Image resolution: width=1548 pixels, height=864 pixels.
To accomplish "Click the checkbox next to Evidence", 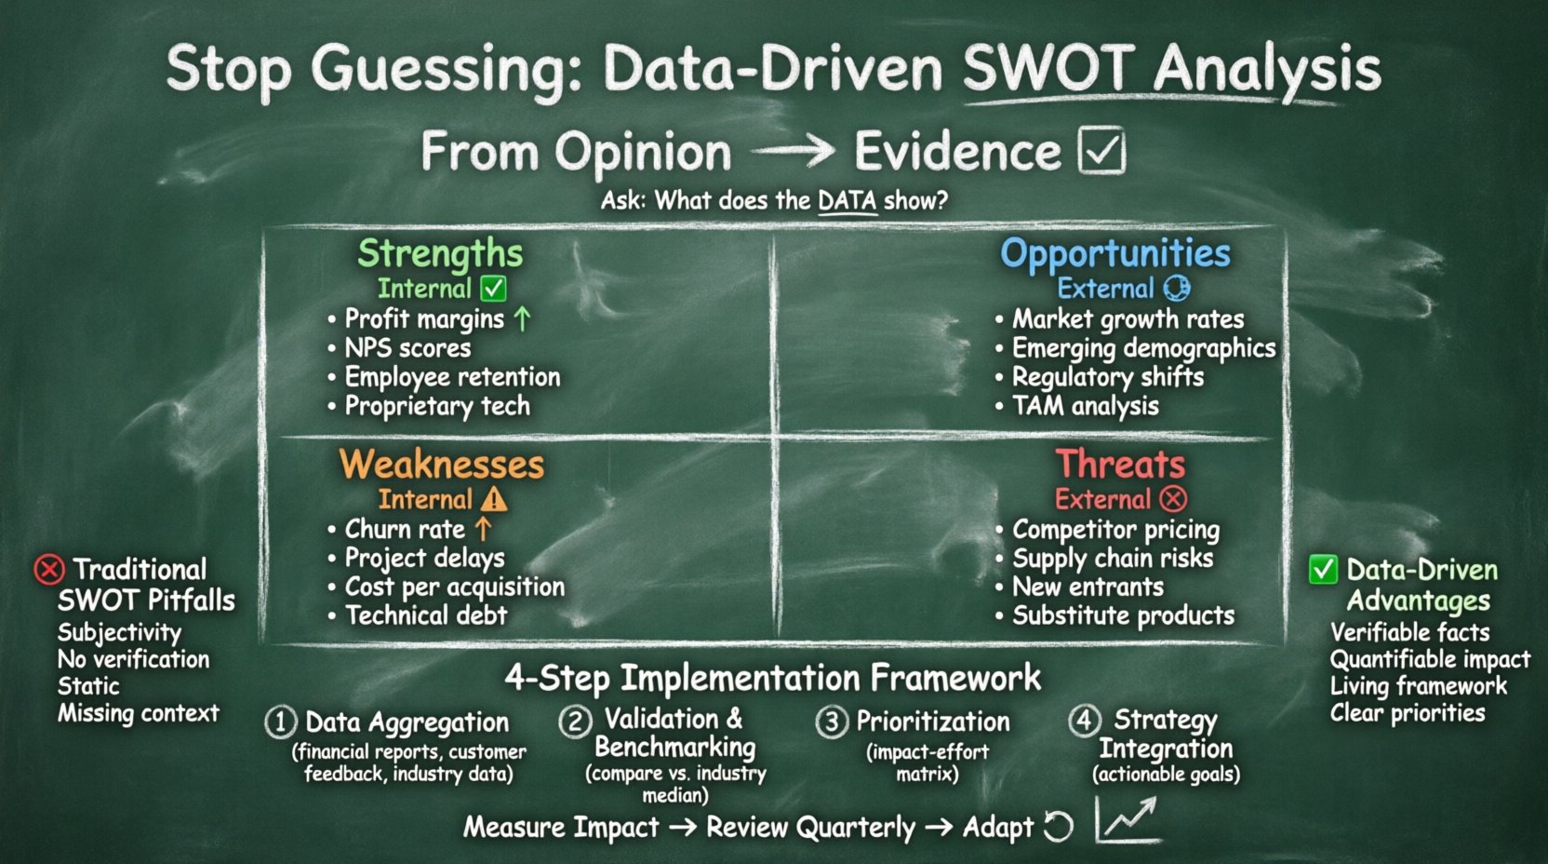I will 1102,151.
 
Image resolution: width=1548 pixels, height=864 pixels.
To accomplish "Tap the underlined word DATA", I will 847,200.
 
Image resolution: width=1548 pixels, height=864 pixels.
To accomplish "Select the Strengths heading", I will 440,252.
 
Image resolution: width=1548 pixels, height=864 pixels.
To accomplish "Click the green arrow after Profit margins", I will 523,319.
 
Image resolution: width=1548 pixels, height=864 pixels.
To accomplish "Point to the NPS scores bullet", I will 407,348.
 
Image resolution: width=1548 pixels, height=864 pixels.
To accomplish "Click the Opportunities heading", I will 1114,252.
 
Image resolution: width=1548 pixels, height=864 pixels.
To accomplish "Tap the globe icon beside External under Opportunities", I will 1177,288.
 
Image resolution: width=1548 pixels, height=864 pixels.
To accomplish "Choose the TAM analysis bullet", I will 1085,406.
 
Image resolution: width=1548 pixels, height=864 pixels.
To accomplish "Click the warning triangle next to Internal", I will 494,500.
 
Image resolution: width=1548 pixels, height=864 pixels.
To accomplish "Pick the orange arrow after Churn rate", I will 483,529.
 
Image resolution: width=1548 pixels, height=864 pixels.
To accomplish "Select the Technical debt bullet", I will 426,615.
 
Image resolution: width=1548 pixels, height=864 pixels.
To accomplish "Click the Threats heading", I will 1120,464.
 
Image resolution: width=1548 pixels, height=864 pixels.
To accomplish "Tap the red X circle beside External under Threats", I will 1174,499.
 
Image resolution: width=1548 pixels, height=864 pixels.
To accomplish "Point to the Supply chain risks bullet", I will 1113,558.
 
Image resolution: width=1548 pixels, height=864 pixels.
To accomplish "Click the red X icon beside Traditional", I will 49,569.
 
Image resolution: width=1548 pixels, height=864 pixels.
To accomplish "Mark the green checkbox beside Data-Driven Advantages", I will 1323,569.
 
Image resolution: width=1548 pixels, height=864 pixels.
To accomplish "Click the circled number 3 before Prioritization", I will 832,722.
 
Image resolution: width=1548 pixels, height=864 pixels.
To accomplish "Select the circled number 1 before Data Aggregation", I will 280,722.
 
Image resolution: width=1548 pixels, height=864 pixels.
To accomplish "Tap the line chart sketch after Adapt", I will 1128,820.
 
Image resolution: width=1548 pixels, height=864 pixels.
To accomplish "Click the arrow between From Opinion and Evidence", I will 793,151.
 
